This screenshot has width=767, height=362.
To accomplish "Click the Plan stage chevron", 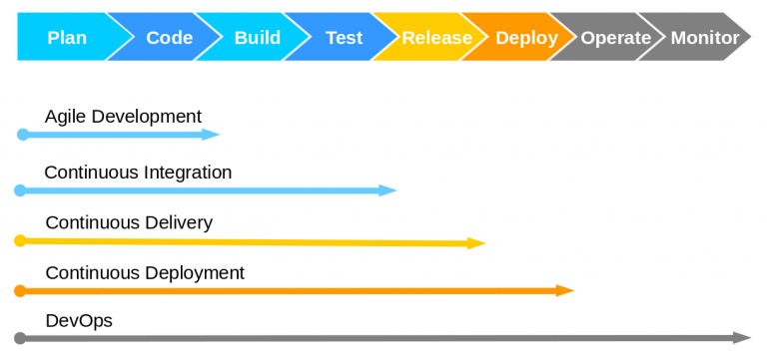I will [67, 38].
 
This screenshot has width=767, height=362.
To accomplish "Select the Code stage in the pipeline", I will [169, 38].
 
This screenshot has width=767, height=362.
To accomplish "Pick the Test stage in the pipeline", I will [344, 38].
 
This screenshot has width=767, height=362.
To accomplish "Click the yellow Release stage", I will [436, 38].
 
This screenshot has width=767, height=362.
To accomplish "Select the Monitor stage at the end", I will [704, 38].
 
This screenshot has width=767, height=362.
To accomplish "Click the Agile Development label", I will [123, 117].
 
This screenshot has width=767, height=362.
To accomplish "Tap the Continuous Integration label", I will [138, 173].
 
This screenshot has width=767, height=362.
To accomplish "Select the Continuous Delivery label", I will [129, 222].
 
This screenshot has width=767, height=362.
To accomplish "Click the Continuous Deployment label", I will [145, 272].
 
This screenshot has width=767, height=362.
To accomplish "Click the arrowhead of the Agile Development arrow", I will [211, 134].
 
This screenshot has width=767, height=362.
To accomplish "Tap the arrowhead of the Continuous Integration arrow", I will [388, 189].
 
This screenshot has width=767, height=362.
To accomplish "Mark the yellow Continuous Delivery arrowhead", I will [476, 242].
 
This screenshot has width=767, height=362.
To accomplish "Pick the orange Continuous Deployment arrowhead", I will [565, 290].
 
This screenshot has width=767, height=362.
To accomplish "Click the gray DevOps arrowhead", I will [742, 338].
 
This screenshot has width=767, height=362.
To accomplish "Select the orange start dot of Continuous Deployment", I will [20, 290].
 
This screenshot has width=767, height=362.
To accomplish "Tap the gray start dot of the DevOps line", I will [20, 338].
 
